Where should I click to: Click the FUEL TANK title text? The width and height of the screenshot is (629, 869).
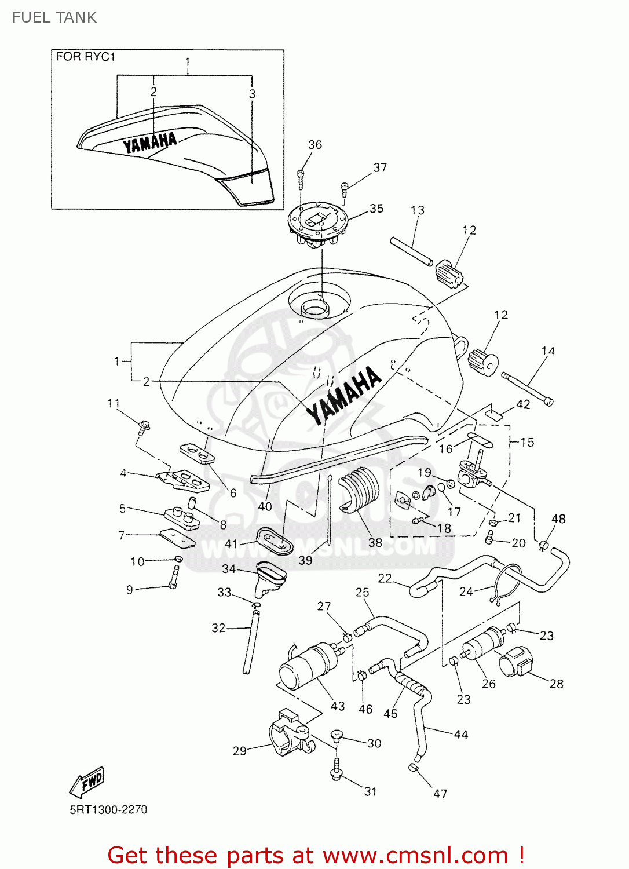54,17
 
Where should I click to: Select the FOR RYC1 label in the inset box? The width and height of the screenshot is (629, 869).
86,57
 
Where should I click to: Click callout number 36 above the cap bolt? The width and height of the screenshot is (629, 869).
315,145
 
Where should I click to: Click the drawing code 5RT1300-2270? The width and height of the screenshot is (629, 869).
108,809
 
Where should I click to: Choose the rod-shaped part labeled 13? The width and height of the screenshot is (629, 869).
411,251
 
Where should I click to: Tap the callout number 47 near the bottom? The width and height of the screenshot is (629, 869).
440,794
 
